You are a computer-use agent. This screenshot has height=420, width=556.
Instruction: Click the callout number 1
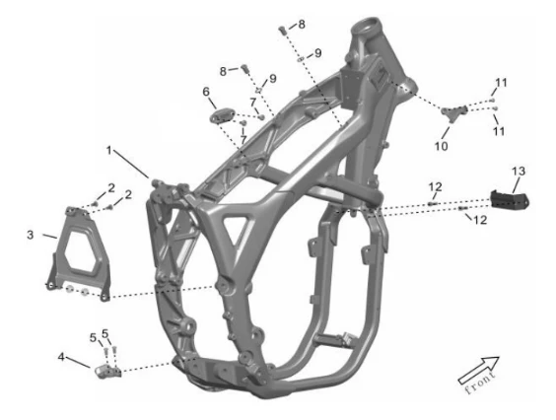(x=109, y=151)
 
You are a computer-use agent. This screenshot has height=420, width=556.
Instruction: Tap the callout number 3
(x=31, y=235)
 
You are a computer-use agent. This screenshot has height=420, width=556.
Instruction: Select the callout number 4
(x=61, y=357)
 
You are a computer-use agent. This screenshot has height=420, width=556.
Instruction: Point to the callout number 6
(x=206, y=92)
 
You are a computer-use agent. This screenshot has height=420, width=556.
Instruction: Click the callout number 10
(x=441, y=146)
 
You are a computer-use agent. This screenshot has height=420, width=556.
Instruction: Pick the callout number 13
(x=519, y=171)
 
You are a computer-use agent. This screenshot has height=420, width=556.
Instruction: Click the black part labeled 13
(x=510, y=200)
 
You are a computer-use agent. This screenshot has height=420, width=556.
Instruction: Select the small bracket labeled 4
(x=108, y=371)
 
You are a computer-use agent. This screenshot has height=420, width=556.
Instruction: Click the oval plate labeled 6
(x=223, y=115)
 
